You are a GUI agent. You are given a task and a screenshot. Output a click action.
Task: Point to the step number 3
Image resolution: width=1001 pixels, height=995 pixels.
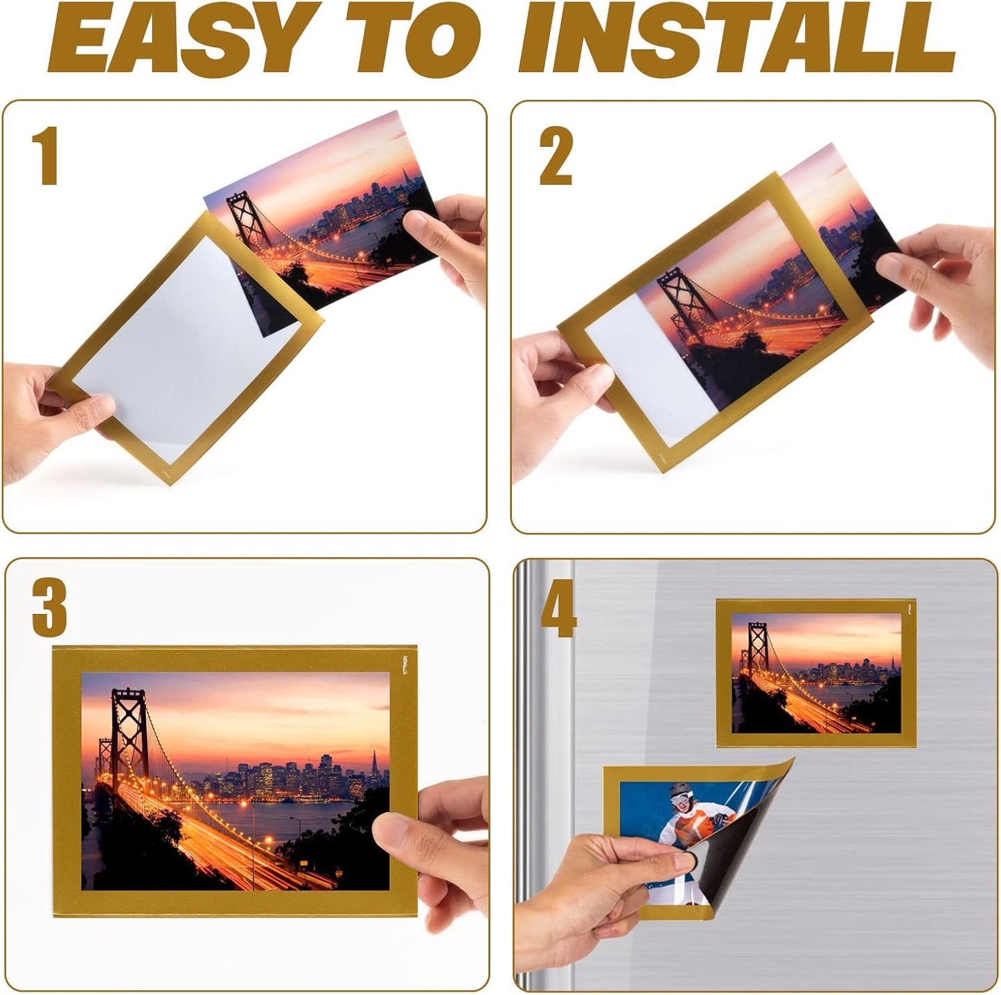pos(49,608)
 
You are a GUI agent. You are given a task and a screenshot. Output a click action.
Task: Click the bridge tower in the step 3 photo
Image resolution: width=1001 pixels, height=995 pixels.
pos(129,728)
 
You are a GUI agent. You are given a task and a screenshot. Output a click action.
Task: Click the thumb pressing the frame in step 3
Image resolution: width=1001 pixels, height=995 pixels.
pos(395,831)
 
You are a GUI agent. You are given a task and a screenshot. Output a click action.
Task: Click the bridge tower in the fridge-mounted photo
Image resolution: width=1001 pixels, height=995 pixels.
pos(757,644)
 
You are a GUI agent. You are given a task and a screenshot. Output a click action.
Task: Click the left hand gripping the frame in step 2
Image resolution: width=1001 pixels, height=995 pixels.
pos(561,388)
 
